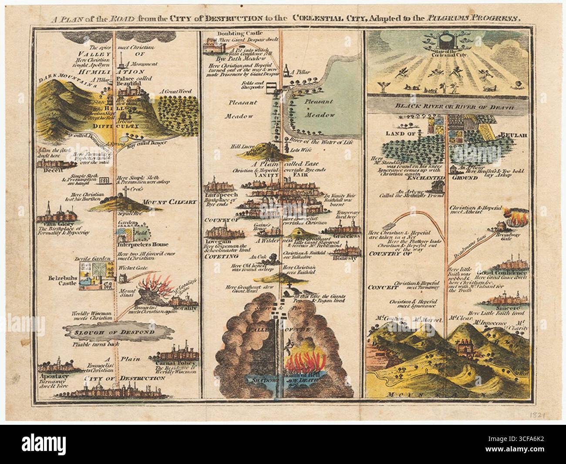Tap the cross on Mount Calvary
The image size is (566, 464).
click(x=125, y=191)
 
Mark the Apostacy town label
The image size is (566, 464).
click(x=51, y=374)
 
